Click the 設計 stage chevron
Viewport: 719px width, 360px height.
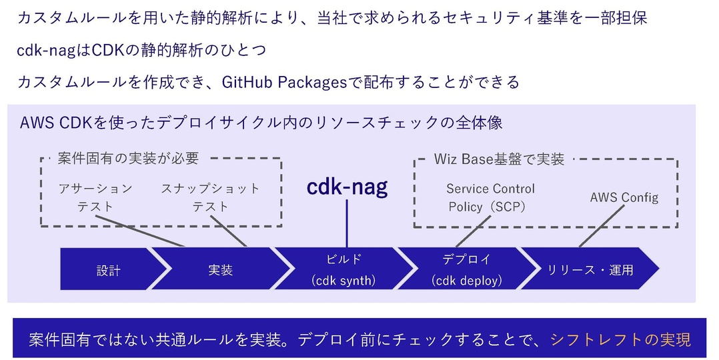pos(110,269)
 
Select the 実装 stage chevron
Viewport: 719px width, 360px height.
pos(221,269)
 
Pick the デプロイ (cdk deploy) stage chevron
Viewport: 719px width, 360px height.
pos(467,269)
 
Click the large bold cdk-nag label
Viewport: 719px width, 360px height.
pos(347,187)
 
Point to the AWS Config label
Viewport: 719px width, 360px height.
pos(624,197)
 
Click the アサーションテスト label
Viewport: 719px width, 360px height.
pos(95,197)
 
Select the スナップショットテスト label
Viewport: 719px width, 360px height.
pos(211,197)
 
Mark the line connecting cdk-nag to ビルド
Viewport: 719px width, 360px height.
pos(347,224)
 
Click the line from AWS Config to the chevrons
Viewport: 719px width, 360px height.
pos(602,226)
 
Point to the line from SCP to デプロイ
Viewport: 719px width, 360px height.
pos(474,231)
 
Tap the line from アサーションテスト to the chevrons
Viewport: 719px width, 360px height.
pos(140,231)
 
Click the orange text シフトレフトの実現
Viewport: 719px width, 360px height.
pos(620,340)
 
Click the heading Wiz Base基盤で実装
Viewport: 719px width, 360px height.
pos(499,159)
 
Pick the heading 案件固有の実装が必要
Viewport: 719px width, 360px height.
pos(128,158)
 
